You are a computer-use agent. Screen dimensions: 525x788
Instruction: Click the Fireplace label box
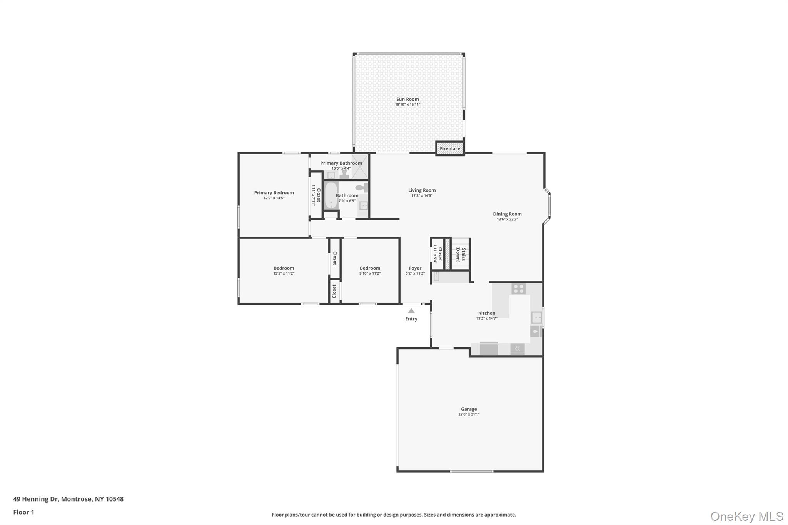pyautogui.click(x=450, y=149)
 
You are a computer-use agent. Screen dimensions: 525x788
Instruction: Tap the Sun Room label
pyautogui.click(x=407, y=99)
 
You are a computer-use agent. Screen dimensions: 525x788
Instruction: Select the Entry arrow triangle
pyautogui.click(x=411, y=311)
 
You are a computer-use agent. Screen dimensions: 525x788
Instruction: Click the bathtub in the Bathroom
pyautogui.click(x=331, y=195)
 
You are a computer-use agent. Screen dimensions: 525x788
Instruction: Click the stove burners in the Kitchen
pyautogui.click(x=519, y=288)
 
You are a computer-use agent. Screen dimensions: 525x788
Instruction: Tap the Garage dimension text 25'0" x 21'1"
pyautogui.click(x=469, y=415)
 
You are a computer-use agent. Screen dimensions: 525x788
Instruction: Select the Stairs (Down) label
pyautogui.click(x=461, y=255)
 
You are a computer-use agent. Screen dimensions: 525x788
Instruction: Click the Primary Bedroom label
pyautogui.click(x=274, y=193)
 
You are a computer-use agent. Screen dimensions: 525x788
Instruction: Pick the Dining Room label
pyautogui.click(x=507, y=214)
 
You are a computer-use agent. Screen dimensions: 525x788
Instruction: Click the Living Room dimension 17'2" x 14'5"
pyautogui.click(x=422, y=196)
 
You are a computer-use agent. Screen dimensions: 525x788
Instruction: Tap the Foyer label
pyautogui.click(x=415, y=268)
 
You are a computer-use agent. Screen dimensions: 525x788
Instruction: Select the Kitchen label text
pyautogui.click(x=487, y=313)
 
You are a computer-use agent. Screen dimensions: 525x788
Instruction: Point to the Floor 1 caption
pyautogui.click(x=23, y=512)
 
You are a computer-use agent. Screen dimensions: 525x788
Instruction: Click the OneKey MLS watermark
pyautogui.click(x=746, y=516)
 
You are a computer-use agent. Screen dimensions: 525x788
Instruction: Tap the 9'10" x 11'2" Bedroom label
pyautogui.click(x=370, y=268)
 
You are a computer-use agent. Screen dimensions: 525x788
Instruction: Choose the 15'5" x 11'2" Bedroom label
pyautogui.click(x=284, y=268)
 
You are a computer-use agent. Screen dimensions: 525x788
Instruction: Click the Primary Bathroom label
pyautogui.click(x=341, y=163)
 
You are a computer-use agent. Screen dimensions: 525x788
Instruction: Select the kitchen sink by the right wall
pyautogui.click(x=536, y=318)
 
